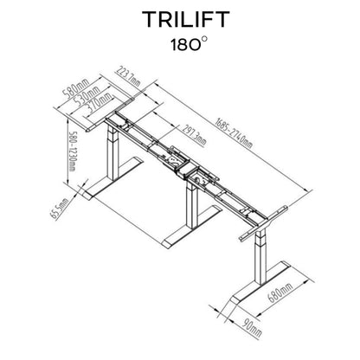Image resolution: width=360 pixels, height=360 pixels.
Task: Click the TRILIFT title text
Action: pos(186,19)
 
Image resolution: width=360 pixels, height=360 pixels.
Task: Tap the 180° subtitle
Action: pos(189,44)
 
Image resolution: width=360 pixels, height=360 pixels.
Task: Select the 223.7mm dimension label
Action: pos(129,76)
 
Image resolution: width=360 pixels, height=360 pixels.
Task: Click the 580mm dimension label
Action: pos(75,89)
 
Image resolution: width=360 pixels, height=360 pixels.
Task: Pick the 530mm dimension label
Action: pos(87,95)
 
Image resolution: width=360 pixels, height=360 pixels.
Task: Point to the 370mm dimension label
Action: pos(98,103)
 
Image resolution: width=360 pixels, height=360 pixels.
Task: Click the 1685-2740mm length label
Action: pos(234,133)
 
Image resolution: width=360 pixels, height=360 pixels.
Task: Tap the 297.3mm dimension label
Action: pos(194,135)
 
